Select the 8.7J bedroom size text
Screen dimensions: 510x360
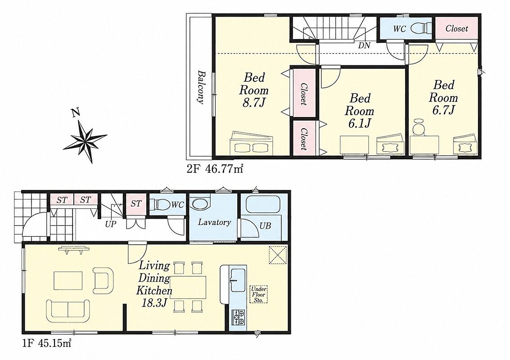(254, 103)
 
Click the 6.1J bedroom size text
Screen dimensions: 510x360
(359, 123)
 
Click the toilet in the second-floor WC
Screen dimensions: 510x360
(421, 29)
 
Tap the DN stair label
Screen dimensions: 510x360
(364, 46)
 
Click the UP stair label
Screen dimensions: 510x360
(111, 224)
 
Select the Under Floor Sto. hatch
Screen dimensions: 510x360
(258, 295)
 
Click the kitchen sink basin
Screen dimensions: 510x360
(239, 280)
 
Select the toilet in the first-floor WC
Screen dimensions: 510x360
(161, 205)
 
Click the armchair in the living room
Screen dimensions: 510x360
(103, 279)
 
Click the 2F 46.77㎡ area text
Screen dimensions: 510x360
(215, 169)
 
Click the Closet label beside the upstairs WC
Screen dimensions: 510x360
(456, 29)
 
